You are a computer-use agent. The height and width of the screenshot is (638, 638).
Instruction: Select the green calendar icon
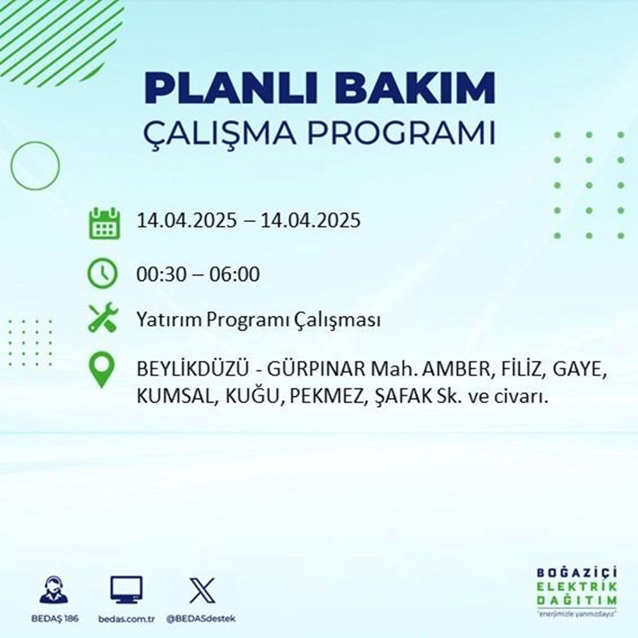click(x=103, y=223)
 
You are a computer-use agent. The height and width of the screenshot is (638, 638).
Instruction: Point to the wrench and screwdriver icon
click(x=103, y=319)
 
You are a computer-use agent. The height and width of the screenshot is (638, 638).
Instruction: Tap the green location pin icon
click(x=103, y=371)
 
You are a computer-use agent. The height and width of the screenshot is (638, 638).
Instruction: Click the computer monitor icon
click(x=126, y=590)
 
